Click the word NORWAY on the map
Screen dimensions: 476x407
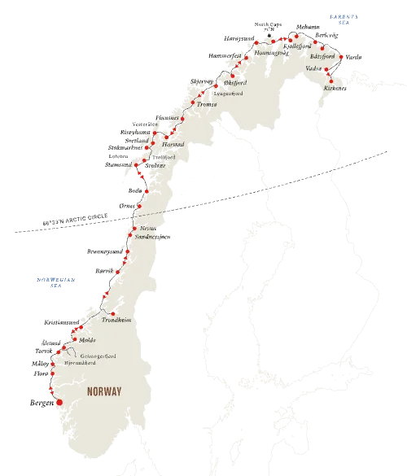104,391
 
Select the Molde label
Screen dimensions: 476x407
88,340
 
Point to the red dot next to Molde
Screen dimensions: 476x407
75,339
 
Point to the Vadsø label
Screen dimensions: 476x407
313,68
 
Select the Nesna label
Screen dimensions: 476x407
147,229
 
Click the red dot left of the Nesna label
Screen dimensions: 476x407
136,227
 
